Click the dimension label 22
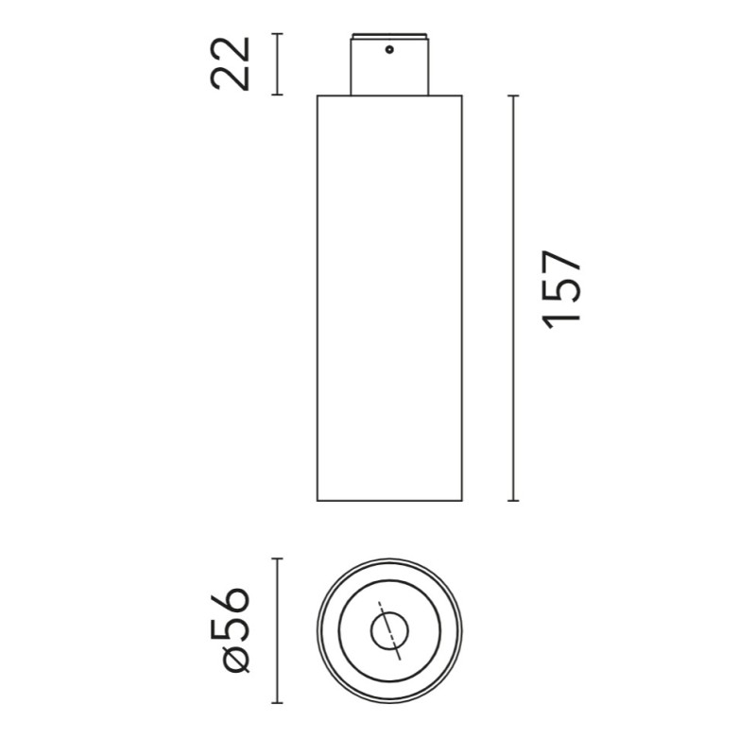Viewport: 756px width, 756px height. (x=231, y=63)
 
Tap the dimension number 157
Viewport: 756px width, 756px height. (x=561, y=289)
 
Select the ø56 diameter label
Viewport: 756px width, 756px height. (x=231, y=629)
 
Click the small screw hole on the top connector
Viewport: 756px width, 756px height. (x=389, y=49)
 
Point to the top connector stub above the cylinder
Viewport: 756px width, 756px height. (x=389, y=64)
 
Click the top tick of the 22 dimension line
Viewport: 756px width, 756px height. (x=277, y=34)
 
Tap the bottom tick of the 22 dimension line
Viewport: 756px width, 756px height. (x=277, y=94)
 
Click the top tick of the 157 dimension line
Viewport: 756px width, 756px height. (x=513, y=96)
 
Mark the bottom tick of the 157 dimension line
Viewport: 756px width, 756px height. (x=513, y=501)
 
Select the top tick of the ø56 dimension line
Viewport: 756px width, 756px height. (x=277, y=558)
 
